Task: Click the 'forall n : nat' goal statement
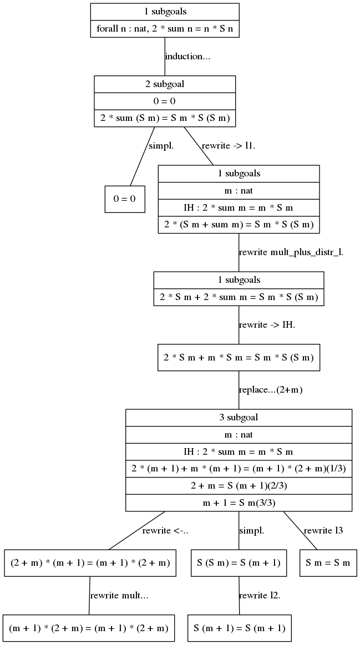point(165,29)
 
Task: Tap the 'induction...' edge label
point(187,57)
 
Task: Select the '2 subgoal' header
point(165,84)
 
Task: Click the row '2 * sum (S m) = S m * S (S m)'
point(165,119)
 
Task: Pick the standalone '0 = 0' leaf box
point(125,199)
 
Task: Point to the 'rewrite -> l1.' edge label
point(229,146)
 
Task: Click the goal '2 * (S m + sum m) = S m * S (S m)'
point(239,225)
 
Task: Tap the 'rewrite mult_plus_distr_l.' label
point(291,252)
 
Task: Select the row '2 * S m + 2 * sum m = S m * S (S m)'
point(239,297)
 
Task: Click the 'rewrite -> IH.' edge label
point(267,325)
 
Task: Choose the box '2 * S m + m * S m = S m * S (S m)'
point(239,358)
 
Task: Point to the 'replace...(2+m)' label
point(271,390)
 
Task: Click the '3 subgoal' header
point(239,418)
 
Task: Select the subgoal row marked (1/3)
point(239,469)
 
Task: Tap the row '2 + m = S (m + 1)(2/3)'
point(239,486)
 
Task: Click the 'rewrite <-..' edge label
point(165,531)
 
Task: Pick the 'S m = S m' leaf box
point(328,563)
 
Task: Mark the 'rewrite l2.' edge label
point(260,596)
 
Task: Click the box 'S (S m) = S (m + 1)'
point(239,563)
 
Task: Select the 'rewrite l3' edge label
point(323,531)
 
